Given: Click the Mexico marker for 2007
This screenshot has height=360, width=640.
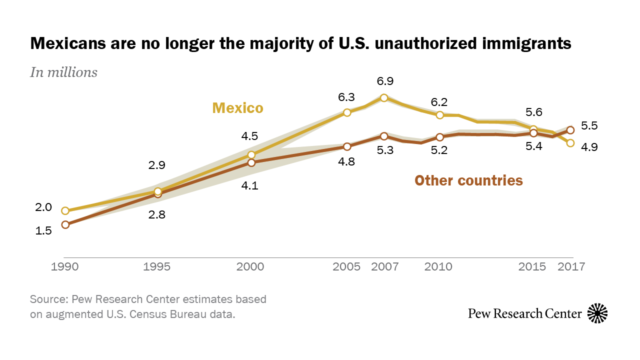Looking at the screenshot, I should (384, 98).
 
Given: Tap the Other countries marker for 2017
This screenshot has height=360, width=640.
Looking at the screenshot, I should (570, 130).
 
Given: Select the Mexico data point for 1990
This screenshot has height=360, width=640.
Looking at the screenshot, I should (65, 210).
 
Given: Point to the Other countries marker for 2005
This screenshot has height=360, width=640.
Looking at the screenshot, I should (347, 146).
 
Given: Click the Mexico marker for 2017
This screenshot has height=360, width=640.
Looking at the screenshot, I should (570, 143).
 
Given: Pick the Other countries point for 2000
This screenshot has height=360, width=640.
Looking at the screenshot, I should (251, 162).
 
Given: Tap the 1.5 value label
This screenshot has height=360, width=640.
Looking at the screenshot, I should (43, 230).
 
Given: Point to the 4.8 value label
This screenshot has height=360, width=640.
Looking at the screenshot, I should (347, 162).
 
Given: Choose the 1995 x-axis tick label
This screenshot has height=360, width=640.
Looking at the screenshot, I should (158, 266).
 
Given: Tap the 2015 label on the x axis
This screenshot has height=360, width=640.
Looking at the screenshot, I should (532, 266).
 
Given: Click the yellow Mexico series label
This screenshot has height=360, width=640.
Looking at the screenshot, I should (237, 108).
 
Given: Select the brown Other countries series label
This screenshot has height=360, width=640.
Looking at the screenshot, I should (468, 180).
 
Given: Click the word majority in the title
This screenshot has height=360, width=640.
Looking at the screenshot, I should (256, 43).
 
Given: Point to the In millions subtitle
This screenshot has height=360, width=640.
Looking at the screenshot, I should (64, 72).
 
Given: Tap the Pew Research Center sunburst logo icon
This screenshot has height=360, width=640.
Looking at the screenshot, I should (597, 313).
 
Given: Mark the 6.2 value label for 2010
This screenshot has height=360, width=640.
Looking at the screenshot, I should (440, 102).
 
